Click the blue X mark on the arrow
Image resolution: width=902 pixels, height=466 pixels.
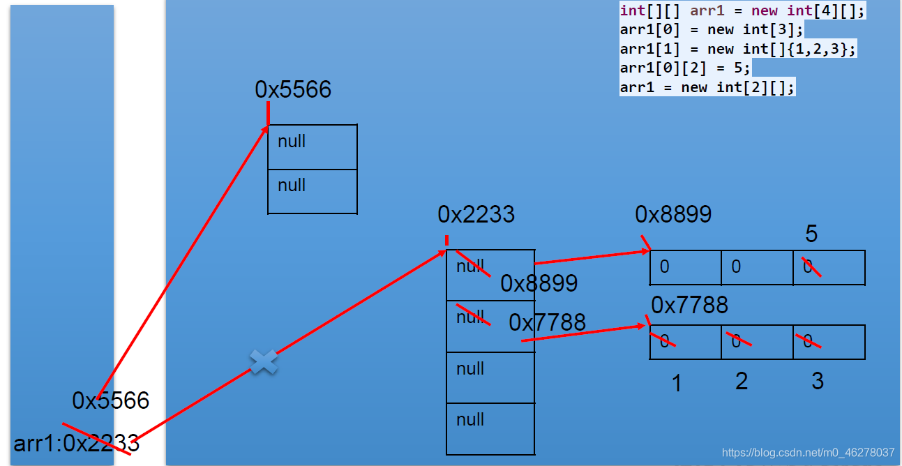tap(264, 361)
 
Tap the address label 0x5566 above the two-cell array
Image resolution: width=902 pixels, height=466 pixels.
tap(293, 90)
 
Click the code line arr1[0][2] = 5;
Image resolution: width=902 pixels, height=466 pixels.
tap(684, 68)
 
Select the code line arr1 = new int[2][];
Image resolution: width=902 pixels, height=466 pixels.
tap(707, 87)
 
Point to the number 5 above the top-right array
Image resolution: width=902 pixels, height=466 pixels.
tap(811, 234)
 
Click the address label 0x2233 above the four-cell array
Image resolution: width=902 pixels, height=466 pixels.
tap(476, 214)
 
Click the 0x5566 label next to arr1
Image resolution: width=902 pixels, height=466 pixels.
tap(111, 400)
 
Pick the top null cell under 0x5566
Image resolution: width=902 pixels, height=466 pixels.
tap(313, 146)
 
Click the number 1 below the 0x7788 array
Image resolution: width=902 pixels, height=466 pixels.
tap(676, 383)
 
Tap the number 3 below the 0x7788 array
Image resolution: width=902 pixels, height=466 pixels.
tap(817, 381)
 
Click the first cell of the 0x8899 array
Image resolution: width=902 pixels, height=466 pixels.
tap(685, 267)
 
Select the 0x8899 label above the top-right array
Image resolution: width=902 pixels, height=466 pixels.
tap(673, 214)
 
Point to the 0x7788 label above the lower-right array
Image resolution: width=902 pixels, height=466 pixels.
tap(689, 305)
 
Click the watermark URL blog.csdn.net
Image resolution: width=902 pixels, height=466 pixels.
tap(808, 452)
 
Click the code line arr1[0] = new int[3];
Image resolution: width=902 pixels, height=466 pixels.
tap(712, 30)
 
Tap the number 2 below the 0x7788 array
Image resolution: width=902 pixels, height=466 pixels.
tap(742, 381)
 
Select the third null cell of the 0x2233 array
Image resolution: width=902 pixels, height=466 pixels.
tap(490, 377)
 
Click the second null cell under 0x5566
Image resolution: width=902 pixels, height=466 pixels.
tap(313, 190)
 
